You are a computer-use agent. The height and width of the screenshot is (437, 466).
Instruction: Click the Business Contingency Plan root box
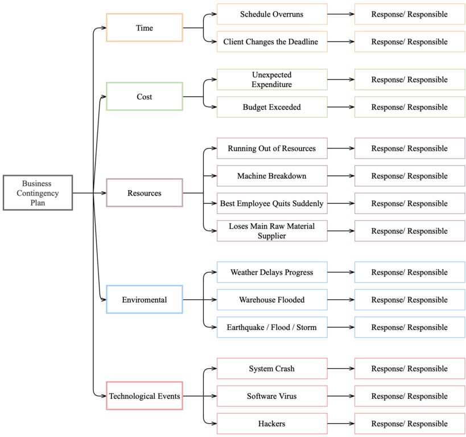pyautogui.click(x=38, y=193)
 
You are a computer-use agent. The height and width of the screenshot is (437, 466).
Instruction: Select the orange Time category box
pyautogui.click(x=145, y=28)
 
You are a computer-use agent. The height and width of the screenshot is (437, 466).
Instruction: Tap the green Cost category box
pyautogui.click(x=145, y=97)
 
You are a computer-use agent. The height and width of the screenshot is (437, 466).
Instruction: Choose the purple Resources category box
pyautogui.click(x=145, y=193)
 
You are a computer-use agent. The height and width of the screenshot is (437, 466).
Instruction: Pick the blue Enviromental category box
pyautogui.click(x=145, y=300)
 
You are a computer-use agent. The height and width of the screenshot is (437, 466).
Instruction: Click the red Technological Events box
pyautogui.click(x=145, y=396)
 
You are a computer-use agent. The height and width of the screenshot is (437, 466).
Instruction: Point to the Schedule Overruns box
pyautogui.click(x=272, y=14)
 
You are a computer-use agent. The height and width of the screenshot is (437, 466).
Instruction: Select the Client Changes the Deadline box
pyautogui.click(x=272, y=42)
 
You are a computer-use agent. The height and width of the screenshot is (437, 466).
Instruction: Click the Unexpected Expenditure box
pyautogui.click(x=272, y=80)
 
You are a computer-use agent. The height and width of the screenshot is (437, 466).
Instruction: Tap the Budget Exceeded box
pyautogui.click(x=272, y=107)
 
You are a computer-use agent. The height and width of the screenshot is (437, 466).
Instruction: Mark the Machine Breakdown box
pyautogui.click(x=272, y=176)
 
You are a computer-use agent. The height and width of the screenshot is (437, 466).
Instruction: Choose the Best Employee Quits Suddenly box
pyautogui.click(x=272, y=203)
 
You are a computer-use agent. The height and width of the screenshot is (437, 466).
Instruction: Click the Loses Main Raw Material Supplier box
pyautogui.click(x=272, y=231)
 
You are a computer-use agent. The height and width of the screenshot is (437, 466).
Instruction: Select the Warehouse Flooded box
pyautogui.click(x=272, y=300)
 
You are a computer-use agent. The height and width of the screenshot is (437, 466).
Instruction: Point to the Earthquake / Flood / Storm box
pyautogui.click(x=272, y=327)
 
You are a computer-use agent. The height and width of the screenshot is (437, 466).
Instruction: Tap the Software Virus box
pyautogui.click(x=272, y=396)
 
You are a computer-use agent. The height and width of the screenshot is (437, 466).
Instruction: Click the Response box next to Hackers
pyautogui.click(x=410, y=423)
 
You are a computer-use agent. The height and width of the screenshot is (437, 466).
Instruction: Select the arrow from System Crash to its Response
pyautogui.click(x=341, y=369)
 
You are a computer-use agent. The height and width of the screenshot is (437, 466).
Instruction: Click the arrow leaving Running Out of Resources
pyautogui.click(x=341, y=149)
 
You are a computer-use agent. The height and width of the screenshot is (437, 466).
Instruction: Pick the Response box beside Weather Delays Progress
pyautogui.click(x=410, y=273)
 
